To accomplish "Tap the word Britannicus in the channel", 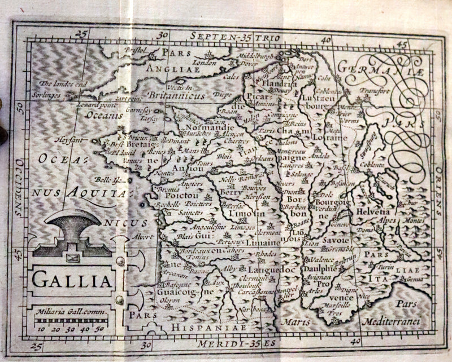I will (173, 95).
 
